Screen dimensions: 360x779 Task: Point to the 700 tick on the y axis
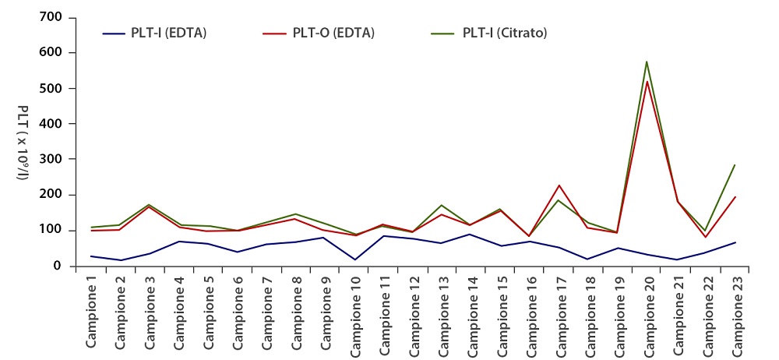[x=52, y=17]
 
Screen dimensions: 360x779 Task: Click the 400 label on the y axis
[x=52, y=124]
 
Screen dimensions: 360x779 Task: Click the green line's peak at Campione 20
[x=647, y=62]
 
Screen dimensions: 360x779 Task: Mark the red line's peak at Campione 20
[x=647, y=81]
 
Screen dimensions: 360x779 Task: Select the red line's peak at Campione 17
[x=559, y=185]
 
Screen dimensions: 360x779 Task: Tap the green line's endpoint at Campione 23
[x=735, y=164]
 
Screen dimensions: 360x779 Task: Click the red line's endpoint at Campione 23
[x=735, y=196]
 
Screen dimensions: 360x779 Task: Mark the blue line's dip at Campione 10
[x=355, y=259]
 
